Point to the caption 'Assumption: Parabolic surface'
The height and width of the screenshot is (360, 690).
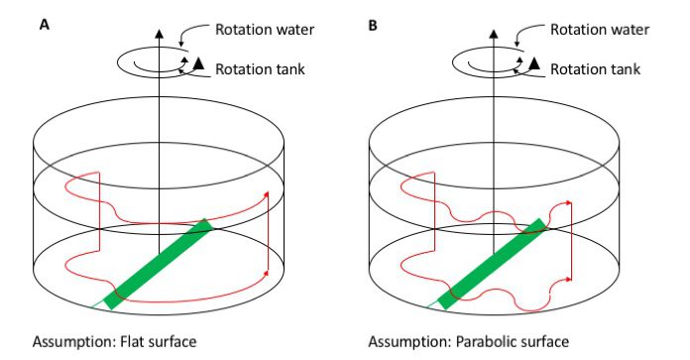click(462, 342)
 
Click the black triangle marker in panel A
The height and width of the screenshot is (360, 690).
click(197, 65)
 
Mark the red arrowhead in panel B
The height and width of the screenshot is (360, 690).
click(571, 202)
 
